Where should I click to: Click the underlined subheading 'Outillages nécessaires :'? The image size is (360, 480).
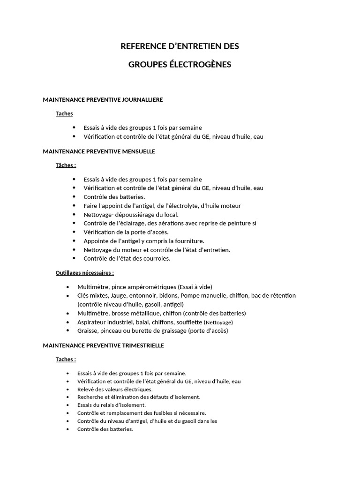pyautogui.click(x=85, y=272)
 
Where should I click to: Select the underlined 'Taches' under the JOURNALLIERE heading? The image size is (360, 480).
pyautogui.click(x=64, y=113)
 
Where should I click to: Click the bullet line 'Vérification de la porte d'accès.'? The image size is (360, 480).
pyautogui.click(x=126, y=232)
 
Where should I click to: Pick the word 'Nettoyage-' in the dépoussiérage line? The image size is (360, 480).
pyautogui.click(x=98, y=214)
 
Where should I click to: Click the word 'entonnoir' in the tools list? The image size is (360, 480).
pyautogui.click(x=143, y=295)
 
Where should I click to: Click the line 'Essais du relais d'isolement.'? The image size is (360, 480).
pyautogui.click(x=112, y=405)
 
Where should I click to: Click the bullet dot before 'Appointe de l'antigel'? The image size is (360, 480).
pyautogui.click(x=74, y=241)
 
